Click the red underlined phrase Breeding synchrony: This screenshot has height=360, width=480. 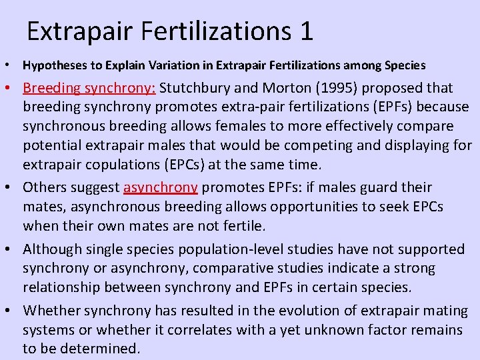(x=89, y=88)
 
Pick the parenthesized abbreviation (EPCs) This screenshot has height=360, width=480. (x=170, y=163)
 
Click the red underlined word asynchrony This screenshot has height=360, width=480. (x=161, y=187)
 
